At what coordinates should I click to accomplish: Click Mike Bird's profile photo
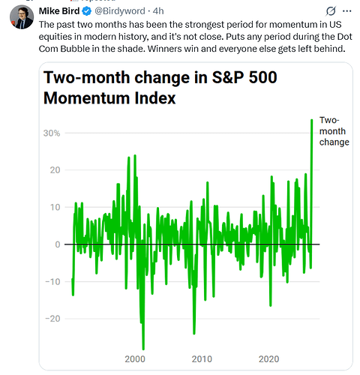(22, 17)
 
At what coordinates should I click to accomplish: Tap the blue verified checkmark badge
(87, 11)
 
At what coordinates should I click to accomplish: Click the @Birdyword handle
(120, 11)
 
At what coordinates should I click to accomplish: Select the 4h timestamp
(158, 11)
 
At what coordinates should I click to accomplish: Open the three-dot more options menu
(346, 11)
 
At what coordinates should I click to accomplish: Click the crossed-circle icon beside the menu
(331, 11)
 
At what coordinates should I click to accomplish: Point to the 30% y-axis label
(52, 133)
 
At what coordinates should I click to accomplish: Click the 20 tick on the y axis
(55, 170)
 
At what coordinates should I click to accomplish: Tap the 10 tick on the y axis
(55, 207)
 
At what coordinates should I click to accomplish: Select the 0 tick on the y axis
(58, 244)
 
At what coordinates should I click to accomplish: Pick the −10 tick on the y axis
(52, 282)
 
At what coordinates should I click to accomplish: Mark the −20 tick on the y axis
(52, 319)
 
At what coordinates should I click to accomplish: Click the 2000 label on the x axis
(135, 359)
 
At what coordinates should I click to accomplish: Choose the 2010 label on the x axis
(202, 359)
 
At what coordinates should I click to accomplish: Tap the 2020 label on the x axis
(268, 359)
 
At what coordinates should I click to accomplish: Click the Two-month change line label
(334, 131)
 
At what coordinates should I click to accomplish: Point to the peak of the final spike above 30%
(312, 120)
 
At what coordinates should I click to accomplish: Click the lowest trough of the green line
(143, 349)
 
